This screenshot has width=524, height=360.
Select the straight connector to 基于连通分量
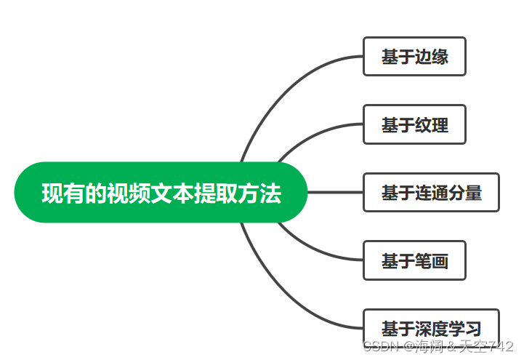[x=334, y=192]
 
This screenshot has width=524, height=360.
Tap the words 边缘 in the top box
[x=432, y=57]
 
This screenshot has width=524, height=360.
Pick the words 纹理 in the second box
[x=432, y=124]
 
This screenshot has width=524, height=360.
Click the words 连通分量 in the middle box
[x=448, y=192]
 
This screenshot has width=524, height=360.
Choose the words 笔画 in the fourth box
[x=432, y=260]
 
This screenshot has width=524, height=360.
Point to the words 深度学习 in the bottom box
[x=448, y=327]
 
